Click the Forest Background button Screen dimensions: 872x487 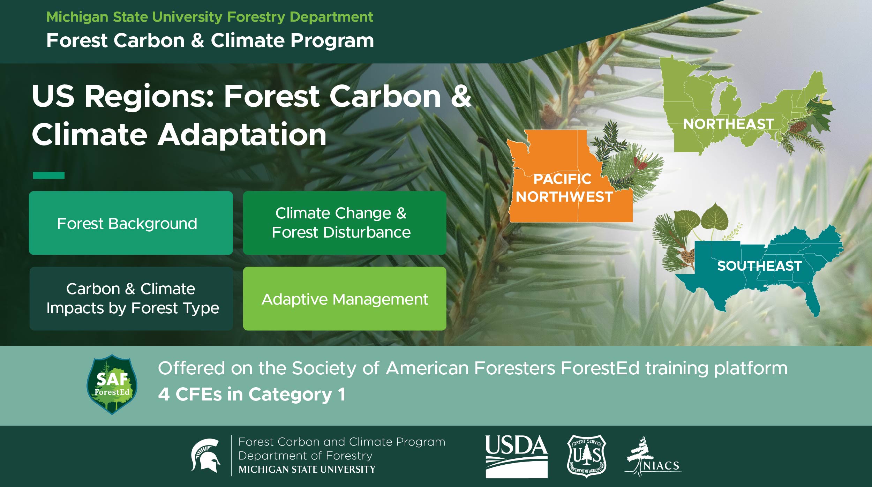(x=131, y=223)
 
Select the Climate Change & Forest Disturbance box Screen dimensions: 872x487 (x=345, y=223)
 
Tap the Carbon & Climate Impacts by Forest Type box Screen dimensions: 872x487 (x=131, y=299)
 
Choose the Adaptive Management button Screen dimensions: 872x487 (x=345, y=299)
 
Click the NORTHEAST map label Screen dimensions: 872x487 (x=728, y=124)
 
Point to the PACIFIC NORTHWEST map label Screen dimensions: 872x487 (x=564, y=188)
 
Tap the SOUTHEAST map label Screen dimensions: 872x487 (x=759, y=266)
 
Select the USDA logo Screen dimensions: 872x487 (x=517, y=456)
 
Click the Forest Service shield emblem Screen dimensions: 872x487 (x=587, y=456)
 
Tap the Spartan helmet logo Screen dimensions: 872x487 (x=205, y=456)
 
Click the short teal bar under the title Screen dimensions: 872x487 (x=49, y=175)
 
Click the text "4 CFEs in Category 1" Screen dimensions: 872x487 (x=252, y=395)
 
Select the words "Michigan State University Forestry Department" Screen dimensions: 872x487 (x=210, y=17)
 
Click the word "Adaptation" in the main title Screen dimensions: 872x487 (x=242, y=135)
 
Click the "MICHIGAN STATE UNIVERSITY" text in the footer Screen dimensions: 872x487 (x=307, y=470)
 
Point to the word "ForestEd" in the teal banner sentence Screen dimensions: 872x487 (x=600, y=368)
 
